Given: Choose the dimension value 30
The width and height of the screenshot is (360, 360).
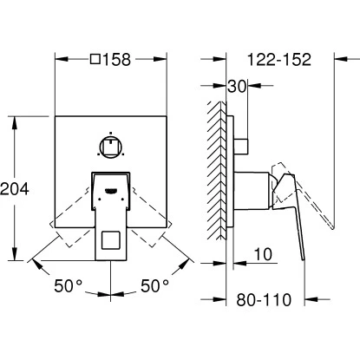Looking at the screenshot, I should coord(239,87).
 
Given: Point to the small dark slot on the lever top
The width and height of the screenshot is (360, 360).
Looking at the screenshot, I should coord(110,188).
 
